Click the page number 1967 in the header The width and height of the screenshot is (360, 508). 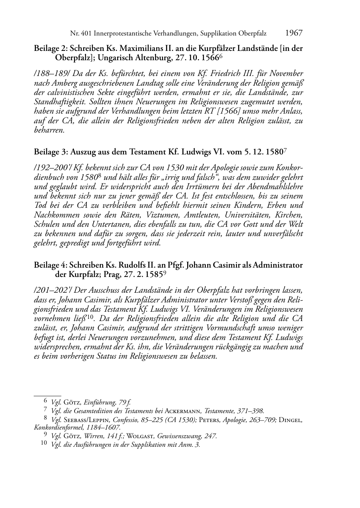point(294,33)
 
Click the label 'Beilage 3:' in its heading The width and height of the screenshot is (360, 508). point(50,152)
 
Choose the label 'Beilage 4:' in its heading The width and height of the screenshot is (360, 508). point(50,265)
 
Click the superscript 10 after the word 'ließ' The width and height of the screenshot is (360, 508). point(90,317)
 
